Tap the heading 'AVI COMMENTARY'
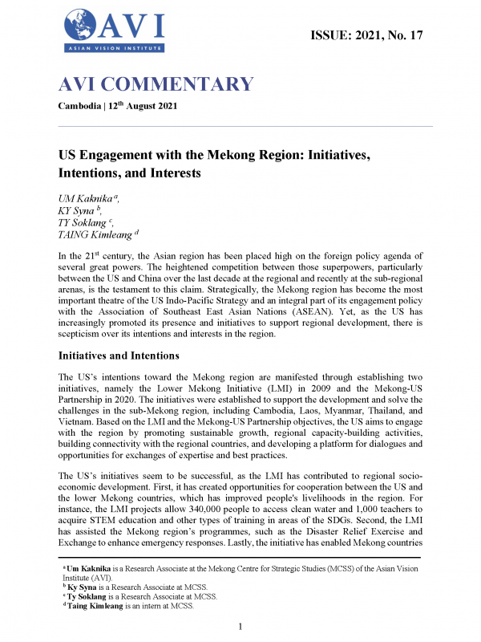click(x=156, y=84)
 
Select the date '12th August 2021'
click(x=152, y=107)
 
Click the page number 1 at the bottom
click(x=240, y=625)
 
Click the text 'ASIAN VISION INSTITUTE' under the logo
click(x=112, y=49)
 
